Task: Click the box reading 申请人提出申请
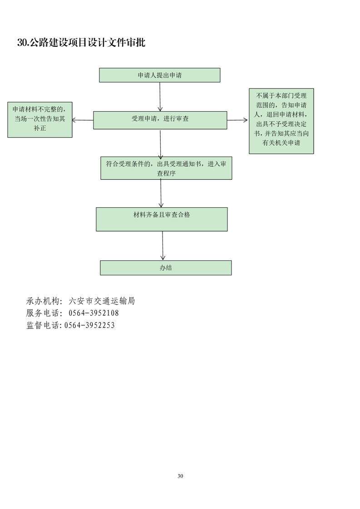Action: coord(159,75)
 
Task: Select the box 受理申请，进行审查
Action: coord(160,120)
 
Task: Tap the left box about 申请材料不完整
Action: coord(40,119)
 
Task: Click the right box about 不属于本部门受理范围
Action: coord(281,121)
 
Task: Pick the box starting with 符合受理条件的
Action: coord(166,168)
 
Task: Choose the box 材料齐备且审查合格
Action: coord(162,219)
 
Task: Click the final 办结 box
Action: coord(166,268)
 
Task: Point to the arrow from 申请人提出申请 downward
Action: coord(160,97)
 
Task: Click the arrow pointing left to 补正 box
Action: coord(83,120)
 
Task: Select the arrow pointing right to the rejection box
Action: coord(237,120)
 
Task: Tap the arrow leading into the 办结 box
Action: coord(163,245)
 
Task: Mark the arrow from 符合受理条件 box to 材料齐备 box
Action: coord(161,193)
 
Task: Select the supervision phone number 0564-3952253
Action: coord(89,325)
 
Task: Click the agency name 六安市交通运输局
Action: coord(102,301)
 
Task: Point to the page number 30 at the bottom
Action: coord(180,476)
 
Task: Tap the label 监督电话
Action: coord(43,325)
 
